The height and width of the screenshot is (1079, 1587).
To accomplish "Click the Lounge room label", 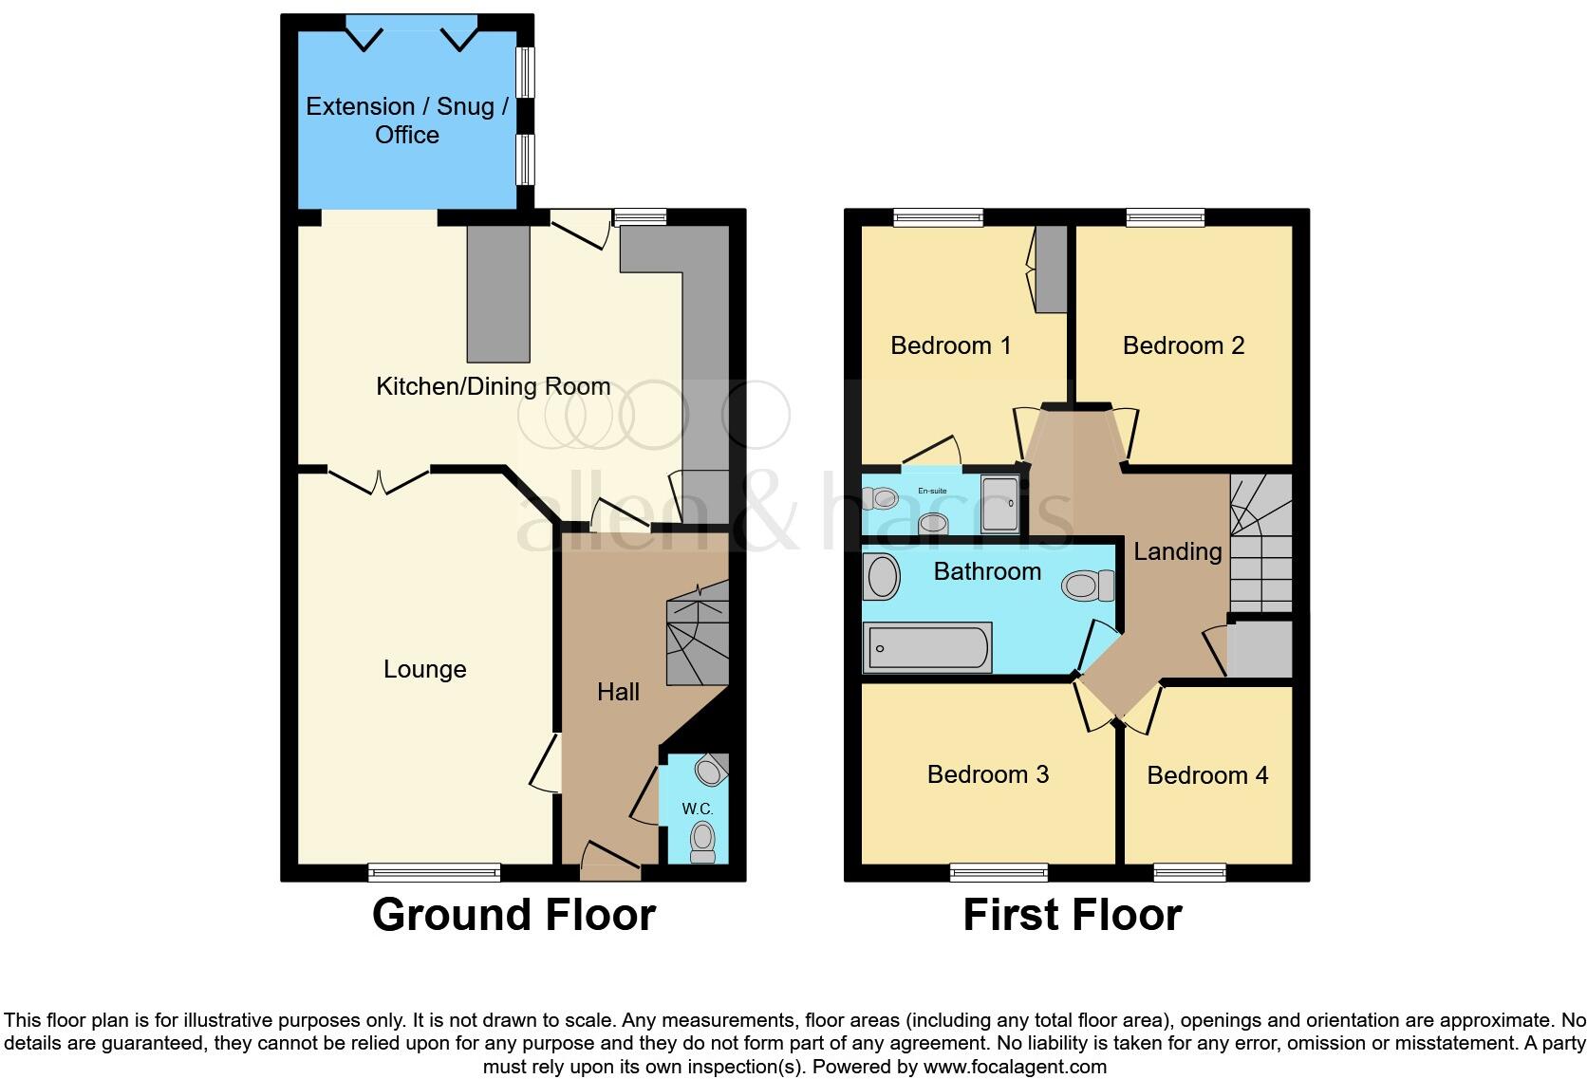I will [x=424, y=669].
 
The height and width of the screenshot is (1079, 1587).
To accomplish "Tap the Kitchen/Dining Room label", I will [x=493, y=386].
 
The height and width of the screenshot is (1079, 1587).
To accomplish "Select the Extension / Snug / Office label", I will [x=407, y=121].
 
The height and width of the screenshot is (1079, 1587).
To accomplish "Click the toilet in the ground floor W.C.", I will [x=702, y=839].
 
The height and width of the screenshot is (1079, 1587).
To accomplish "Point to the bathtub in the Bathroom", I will [x=927, y=647].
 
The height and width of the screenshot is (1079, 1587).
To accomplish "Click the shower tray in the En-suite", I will [x=1002, y=503].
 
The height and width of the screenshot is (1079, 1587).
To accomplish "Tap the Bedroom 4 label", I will [x=1207, y=775].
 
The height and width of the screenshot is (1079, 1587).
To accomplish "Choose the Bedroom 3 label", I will [x=987, y=774].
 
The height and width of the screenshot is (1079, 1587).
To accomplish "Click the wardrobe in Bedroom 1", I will [x=1050, y=269].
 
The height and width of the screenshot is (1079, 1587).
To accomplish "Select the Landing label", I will [x=1177, y=551].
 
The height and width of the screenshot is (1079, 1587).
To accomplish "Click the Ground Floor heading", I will [x=513, y=915].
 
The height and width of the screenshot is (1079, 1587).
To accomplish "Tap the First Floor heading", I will [x=1072, y=915].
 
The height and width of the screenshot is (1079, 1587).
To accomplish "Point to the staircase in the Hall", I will [x=698, y=637].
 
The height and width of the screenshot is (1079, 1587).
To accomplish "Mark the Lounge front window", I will [x=434, y=871].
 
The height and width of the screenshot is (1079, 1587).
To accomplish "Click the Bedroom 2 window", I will [x=1165, y=217].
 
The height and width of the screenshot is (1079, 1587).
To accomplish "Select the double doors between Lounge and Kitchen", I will [x=379, y=481].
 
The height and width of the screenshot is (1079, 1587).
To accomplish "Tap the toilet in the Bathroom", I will [x=1088, y=585].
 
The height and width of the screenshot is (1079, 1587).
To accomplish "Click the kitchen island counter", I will [x=497, y=293].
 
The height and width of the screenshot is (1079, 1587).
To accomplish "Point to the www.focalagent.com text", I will [x=1015, y=1067].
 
